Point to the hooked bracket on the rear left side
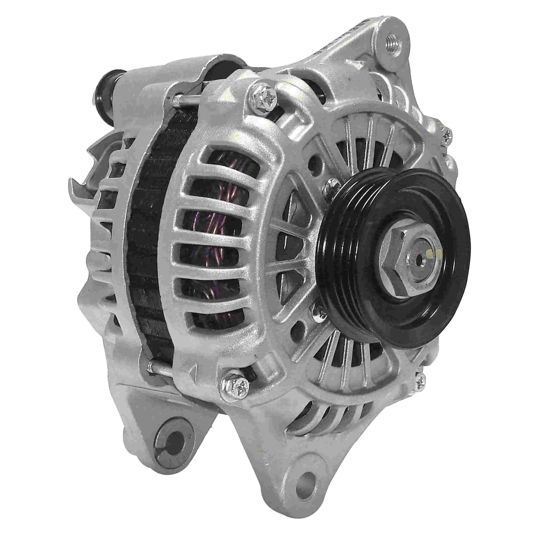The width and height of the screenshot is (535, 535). pos(83,180)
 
